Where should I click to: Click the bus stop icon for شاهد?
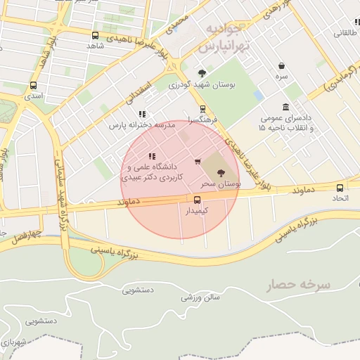tap(95, 35)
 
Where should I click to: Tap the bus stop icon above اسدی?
tap(33, 85)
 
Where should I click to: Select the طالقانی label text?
tap(347, 32)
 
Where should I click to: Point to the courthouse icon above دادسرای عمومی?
tap(285, 106)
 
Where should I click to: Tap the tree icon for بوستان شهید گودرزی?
tap(202, 73)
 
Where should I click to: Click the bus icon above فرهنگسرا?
tap(202, 109)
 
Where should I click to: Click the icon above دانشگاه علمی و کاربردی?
tap(152, 156)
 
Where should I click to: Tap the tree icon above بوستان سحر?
tap(221, 172)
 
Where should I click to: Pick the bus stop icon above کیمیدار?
tap(196, 200)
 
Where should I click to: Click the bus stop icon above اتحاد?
tap(340, 188)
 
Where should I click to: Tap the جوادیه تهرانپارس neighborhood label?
tap(224, 38)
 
